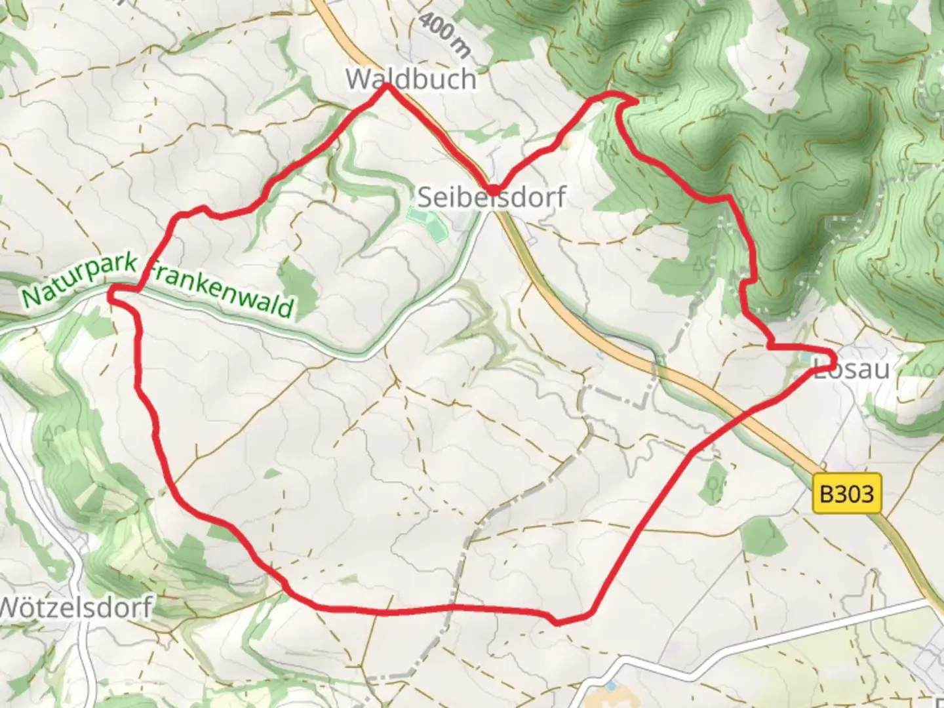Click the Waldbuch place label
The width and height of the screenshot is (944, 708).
pyautogui.click(x=411, y=79)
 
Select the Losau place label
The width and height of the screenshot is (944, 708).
pyautogui.click(x=852, y=369)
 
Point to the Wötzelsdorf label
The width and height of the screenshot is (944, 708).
pyautogui.click(x=75, y=607)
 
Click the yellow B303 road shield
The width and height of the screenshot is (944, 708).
pyautogui.click(x=847, y=493)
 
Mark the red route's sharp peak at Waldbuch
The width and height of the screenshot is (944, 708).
pyautogui.click(x=387, y=85)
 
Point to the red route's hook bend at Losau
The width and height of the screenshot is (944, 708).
pyautogui.click(x=831, y=359)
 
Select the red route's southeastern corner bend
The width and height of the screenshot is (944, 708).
pyautogui.click(x=557, y=621)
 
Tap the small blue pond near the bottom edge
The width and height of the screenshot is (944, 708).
pyautogui.click(x=611, y=686)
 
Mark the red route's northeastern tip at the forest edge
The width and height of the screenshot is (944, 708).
pyautogui.click(x=633, y=100)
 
